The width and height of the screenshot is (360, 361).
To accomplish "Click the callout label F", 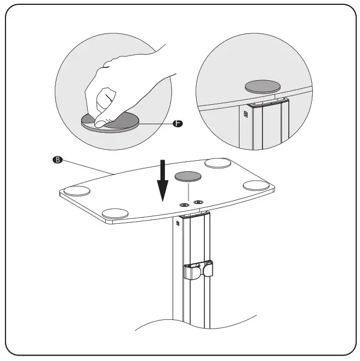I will tap(176, 124).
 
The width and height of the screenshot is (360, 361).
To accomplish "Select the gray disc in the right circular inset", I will tap(262, 86).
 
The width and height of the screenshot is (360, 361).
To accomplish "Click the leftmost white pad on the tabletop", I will tap(77, 191).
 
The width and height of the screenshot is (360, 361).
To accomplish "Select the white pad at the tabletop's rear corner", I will tap(218, 163).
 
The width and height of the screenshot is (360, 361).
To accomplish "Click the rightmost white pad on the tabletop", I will tap(256, 185).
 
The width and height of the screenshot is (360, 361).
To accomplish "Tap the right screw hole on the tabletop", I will tap(198, 202).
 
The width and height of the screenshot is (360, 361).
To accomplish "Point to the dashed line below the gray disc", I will tap(189, 192).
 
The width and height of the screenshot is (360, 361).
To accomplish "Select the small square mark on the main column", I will tap(179, 223).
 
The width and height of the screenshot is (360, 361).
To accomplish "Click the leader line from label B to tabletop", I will tap(88, 167).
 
